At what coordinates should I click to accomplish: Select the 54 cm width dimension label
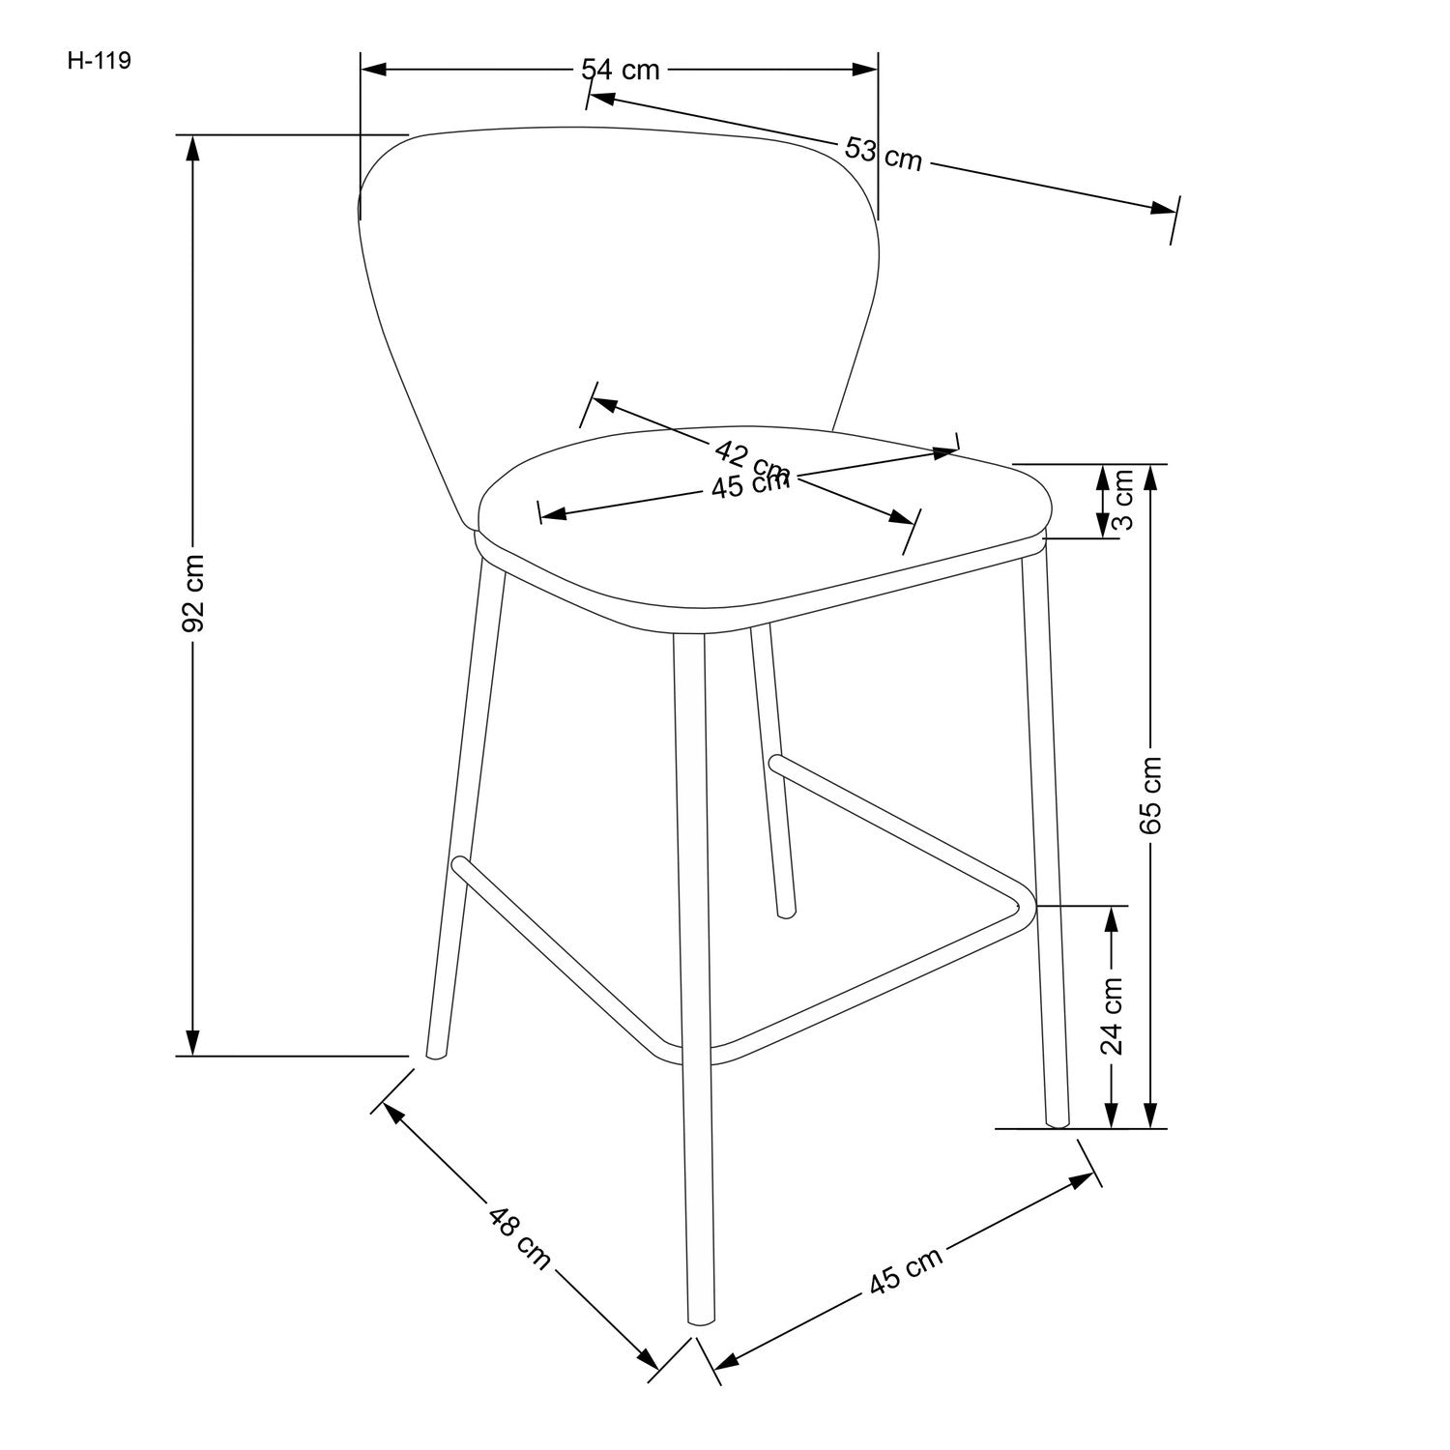(x=620, y=70)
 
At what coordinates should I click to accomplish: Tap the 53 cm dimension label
(x=883, y=155)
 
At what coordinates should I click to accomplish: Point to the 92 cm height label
(x=193, y=593)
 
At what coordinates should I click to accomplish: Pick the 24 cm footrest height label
(x=1113, y=1014)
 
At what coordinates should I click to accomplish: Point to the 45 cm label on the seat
(x=750, y=484)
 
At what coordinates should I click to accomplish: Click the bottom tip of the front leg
(x=700, y=1320)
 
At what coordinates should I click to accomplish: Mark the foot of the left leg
(x=435, y=1056)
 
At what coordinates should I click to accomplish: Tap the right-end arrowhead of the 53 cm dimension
(x=1162, y=208)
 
